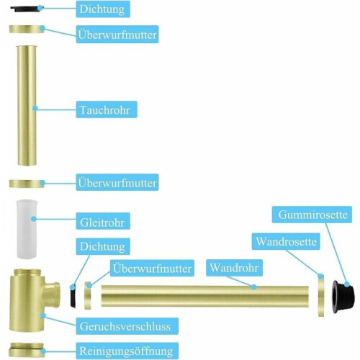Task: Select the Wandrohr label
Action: [234, 268]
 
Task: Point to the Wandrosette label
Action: [286, 241]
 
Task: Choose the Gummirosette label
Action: [312, 215]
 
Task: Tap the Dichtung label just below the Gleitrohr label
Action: [103, 246]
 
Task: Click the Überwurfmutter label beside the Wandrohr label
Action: [152, 268]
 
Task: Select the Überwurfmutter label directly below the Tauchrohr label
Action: [117, 182]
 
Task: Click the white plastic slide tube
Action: [25, 229]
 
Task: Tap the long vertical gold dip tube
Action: [27, 106]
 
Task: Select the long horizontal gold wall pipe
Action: [205, 296]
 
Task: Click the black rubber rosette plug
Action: [343, 296]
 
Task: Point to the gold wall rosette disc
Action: [321, 295]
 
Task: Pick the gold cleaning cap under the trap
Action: [27, 350]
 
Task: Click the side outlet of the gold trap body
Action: [52, 294]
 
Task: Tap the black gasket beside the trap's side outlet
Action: [73, 296]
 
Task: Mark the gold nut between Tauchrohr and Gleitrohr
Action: [27, 184]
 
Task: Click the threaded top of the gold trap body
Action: [27, 272]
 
